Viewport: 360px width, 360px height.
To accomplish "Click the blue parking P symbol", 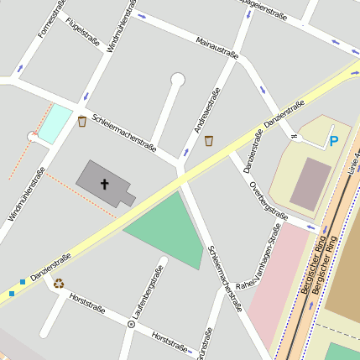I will pyautogui.click(x=334, y=141).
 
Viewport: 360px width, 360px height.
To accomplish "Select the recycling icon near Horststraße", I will pyautogui.click(x=59, y=283).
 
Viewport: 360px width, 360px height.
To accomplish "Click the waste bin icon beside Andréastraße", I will pyautogui.click(x=209, y=140).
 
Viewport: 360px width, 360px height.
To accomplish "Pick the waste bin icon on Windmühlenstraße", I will pyautogui.click(x=81, y=122).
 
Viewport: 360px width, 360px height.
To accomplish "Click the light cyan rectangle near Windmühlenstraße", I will pyautogui.click(x=56, y=123).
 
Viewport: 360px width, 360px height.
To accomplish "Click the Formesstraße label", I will pyautogui.click(x=51, y=18).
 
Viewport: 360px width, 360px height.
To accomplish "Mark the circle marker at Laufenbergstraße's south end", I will pyautogui.click(x=131, y=322).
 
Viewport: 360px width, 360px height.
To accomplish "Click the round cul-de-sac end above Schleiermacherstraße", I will pyautogui.click(x=177, y=79).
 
